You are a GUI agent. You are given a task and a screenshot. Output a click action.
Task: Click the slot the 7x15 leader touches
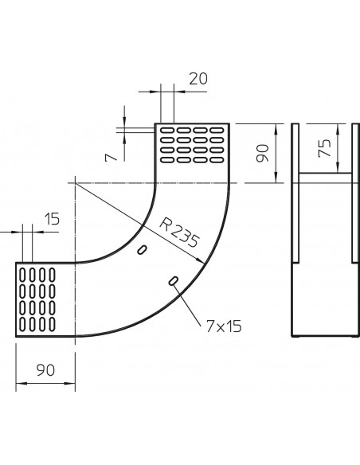[173, 280]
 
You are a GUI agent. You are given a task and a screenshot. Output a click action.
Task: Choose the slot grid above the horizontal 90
[37, 302]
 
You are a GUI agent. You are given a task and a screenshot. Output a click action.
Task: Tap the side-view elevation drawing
[323, 231]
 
